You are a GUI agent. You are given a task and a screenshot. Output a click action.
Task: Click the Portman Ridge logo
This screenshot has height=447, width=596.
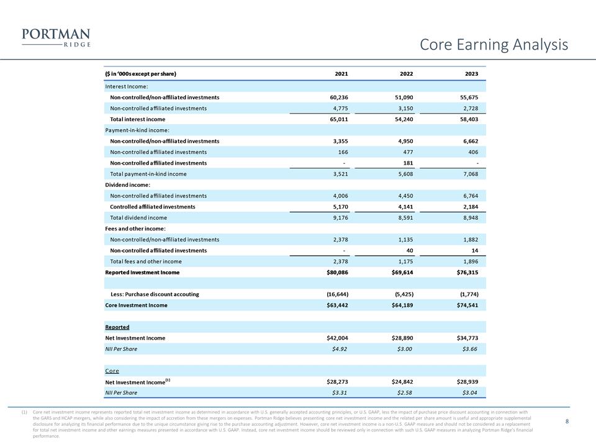pos(56,37)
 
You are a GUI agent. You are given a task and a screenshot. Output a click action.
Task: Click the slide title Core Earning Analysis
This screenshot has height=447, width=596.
pos(494,45)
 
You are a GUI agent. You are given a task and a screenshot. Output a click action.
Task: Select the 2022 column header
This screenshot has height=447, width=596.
pos(407,74)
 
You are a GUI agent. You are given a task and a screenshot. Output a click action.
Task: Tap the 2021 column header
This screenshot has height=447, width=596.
pos(341,74)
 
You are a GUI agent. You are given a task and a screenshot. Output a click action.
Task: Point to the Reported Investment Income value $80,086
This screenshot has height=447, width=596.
pos(336,273)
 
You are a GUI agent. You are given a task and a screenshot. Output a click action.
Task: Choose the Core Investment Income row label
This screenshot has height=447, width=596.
pos(136,305)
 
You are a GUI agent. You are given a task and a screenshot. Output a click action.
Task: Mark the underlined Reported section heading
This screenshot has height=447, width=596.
pos(117,327)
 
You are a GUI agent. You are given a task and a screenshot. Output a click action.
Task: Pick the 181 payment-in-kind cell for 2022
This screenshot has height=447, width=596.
pos(408,163)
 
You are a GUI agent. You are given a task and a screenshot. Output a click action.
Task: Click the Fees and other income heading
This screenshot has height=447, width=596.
pos(134,229)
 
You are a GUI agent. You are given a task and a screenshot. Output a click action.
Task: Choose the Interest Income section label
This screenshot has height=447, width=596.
pos(127,86)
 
